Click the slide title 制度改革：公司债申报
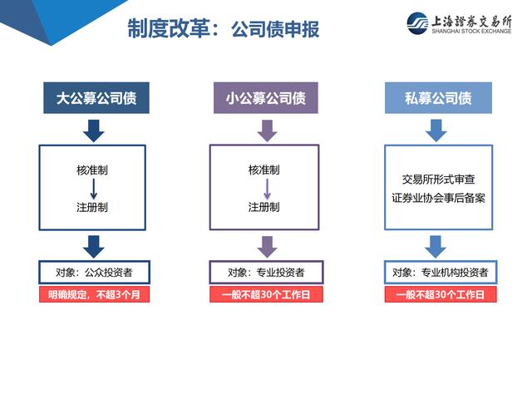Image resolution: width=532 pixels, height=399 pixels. pos(224,28)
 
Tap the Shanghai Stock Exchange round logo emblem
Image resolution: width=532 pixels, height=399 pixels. pos(417,23)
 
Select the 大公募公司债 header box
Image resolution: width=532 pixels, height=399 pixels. pos(96,98)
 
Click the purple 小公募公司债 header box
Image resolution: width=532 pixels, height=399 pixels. pos(266,98)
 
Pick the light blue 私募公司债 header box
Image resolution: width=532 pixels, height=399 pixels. pos(438,98)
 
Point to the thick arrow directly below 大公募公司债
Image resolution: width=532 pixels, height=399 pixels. pos(94,131)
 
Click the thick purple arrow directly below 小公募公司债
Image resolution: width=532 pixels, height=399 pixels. pos(267,131)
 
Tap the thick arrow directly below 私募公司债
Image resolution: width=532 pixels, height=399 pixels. pos(436,131)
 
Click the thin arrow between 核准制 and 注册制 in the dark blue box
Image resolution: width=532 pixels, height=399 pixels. pos(94,189)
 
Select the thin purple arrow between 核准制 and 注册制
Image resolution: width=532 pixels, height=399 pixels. pos(267,189)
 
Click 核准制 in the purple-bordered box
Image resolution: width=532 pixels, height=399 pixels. pos(264,170)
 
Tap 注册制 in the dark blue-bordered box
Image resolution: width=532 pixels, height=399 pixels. pos(92,207)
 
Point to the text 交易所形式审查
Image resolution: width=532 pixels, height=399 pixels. pos(438,180)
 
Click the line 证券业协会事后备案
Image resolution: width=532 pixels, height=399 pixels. pos(438,198)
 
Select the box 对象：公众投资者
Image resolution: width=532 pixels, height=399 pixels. pos(94,272)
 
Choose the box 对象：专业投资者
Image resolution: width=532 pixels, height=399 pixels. pos(266,272)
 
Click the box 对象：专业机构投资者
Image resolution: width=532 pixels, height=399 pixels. pos(441,272)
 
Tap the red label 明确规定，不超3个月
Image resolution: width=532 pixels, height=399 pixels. pos(94,294)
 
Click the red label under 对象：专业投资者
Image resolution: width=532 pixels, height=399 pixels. pos(266,294)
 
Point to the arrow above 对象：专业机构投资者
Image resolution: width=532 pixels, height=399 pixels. pos(436,247)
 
